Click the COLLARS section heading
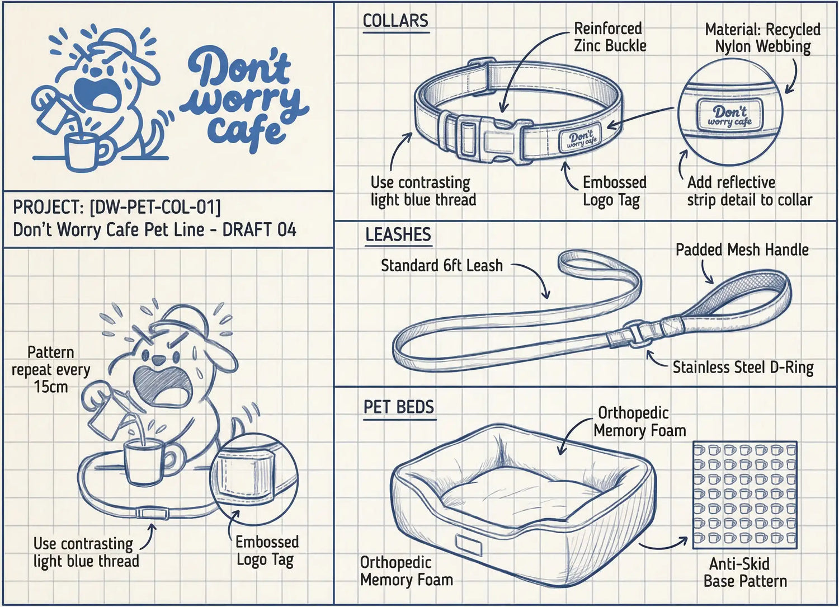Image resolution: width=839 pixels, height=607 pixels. tap(395, 21)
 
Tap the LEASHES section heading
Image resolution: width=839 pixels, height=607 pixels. tap(398, 234)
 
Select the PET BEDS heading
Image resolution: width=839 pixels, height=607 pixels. tap(398, 407)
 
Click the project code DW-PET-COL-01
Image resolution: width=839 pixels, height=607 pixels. tap(155, 207)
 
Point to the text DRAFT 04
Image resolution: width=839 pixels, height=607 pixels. tap(259, 229)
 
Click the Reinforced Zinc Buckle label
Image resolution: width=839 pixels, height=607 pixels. tap(609, 37)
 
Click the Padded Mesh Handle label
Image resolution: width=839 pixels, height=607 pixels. tap(742, 250)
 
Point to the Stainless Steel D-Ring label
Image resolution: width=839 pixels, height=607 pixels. tap(742, 368)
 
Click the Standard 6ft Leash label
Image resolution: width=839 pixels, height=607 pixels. tap(441, 265)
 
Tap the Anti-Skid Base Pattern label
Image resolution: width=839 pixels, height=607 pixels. tap(744, 572)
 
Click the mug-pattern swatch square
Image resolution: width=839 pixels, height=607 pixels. tap(744, 495)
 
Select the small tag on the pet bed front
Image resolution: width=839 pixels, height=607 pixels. tap(468, 543)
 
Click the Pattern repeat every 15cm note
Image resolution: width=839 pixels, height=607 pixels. tap(50, 369)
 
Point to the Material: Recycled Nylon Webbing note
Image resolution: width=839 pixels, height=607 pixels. tap(762, 37)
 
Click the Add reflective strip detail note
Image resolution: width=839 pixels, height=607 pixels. tap(749, 191)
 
